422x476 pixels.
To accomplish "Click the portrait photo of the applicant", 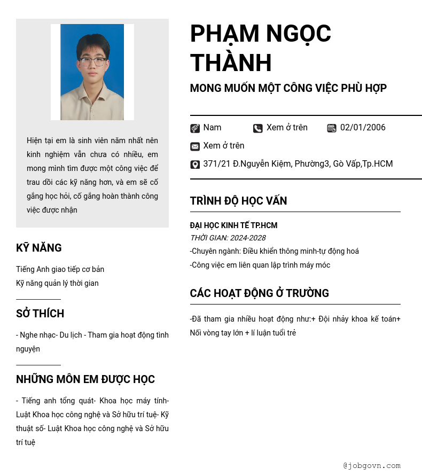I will [92, 72].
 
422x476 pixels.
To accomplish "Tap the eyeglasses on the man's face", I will [92, 61].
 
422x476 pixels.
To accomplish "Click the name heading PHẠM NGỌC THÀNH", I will [261, 48].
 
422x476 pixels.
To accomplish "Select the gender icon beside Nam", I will [195, 128].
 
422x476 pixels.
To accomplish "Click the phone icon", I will [258, 128].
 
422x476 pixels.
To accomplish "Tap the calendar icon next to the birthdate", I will [332, 128].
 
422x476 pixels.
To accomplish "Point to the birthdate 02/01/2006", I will [363, 128].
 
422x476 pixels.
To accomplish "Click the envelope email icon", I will [195, 146].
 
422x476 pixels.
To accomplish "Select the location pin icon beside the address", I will [195, 165].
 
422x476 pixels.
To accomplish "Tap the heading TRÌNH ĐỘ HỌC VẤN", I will [238, 201].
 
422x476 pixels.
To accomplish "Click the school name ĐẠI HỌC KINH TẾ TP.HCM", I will [233, 225].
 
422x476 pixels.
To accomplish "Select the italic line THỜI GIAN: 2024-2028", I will [228, 238].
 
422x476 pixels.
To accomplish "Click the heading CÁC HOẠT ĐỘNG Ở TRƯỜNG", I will [259, 293].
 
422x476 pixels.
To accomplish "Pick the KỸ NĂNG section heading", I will [39, 248].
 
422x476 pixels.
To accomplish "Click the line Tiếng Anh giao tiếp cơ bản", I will [60, 269].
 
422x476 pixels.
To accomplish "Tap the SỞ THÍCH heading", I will [40, 314].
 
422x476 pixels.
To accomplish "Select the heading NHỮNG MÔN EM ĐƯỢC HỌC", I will [85, 379].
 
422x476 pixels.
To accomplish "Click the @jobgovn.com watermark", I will [372, 466].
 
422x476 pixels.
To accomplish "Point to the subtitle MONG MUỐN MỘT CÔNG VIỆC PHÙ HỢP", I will [288, 88].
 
